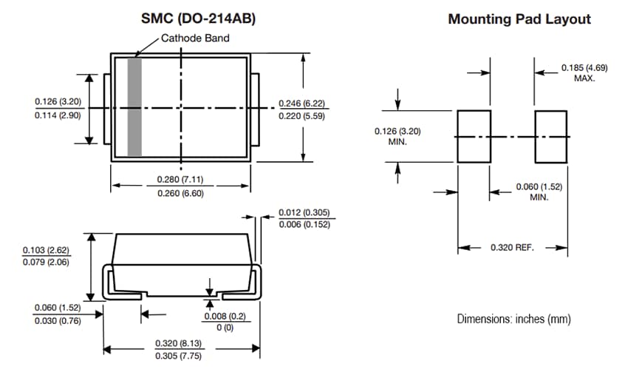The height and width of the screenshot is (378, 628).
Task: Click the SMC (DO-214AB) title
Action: pos(198,19)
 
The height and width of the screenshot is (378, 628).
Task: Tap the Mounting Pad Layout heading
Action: pos(519,19)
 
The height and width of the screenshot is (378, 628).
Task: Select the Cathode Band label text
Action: pos(195,38)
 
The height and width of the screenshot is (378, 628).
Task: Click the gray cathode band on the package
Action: pos(134,107)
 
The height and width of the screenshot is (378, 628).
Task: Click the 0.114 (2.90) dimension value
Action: pos(58,115)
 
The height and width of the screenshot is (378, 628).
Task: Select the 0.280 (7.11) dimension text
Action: pos(181,180)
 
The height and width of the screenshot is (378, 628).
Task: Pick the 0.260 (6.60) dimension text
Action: pos(181,193)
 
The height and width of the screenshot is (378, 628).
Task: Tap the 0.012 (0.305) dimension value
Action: pos(306,213)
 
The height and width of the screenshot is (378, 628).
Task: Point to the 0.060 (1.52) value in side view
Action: pos(58,307)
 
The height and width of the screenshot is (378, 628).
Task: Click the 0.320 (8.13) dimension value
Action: pos(178,343)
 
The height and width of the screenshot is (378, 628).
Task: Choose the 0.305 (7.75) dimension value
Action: pos(178,357)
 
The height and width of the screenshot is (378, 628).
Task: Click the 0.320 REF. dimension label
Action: pos(511,247)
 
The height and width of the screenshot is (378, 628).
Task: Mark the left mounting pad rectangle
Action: pos(474,137)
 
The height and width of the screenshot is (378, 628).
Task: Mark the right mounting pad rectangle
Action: pos(550,137)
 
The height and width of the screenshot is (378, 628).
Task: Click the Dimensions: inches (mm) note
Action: pos(513,319)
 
